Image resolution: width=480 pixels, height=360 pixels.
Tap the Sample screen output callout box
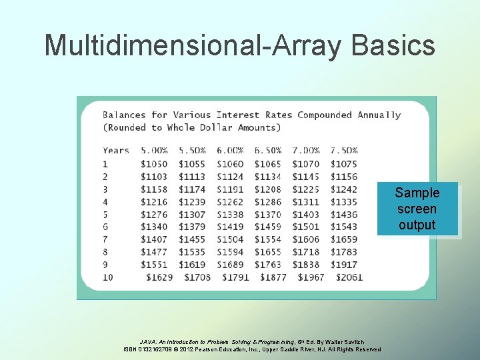[417, 209]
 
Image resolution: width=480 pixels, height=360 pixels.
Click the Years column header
[116, 151]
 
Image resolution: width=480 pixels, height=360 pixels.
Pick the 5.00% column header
[155, 151]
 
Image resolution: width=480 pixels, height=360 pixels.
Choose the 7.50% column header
[343, 151]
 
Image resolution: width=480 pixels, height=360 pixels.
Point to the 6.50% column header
[268, 151]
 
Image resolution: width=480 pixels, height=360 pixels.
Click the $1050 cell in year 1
[155, 164]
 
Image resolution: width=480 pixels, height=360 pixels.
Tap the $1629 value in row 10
[159, 277]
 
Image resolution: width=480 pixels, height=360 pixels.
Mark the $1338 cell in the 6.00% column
[230, 214]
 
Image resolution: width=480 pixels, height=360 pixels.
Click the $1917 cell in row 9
[343, 265]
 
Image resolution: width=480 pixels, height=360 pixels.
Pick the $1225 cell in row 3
[305, 189]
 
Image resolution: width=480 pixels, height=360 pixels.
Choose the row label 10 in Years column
[108, 277]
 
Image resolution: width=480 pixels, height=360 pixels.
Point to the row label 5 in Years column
[105, 214]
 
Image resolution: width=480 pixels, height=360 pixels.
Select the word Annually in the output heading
[379, 115]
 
